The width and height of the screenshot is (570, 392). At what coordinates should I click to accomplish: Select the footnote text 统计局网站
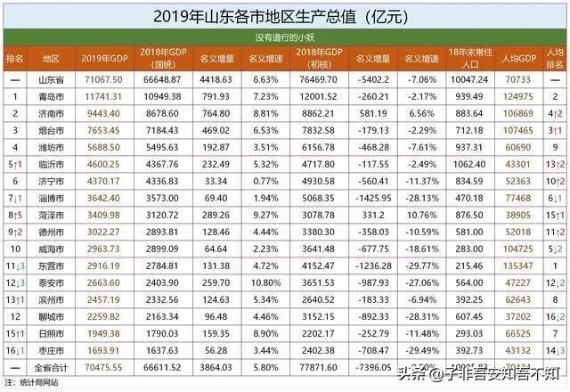[40, 381]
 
